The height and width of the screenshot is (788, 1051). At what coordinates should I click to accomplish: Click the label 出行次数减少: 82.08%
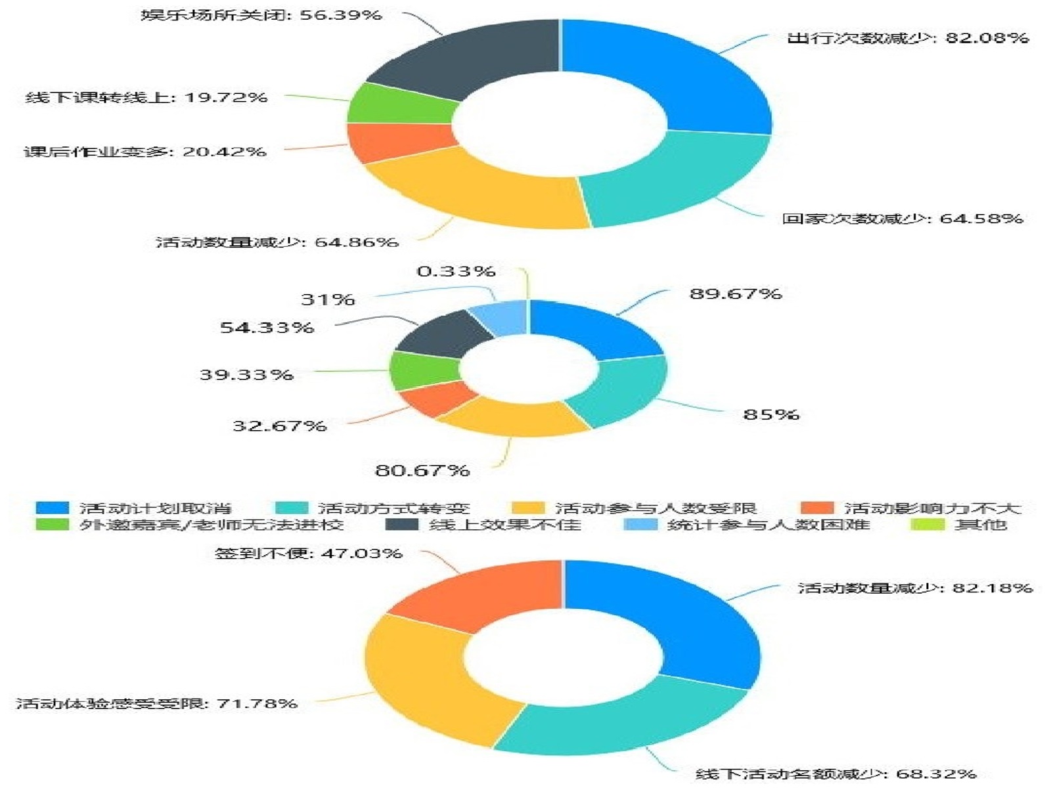coord(907,38)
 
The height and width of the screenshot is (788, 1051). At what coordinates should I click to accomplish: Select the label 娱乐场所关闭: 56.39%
coord(261,14)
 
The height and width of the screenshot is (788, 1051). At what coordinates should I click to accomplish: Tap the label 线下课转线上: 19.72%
coord(146,97)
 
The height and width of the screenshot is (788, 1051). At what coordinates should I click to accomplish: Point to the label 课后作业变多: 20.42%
coord(145,152)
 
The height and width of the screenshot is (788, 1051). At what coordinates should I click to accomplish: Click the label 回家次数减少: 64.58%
coord(902,218)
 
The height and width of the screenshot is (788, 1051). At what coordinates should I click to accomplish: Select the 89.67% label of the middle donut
coord(735,294)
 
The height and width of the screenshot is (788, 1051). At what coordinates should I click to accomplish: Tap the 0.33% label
coord(456,271)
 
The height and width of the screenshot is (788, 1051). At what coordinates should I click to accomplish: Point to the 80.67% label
coord(422,470)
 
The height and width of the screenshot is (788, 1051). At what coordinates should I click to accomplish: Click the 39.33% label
coord(246,374)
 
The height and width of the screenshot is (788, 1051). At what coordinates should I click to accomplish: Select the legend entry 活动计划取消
coord(155,508)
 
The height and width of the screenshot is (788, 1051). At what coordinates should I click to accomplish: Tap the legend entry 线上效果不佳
coord(504,525)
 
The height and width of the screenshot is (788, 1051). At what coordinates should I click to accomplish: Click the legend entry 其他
coord(979,525)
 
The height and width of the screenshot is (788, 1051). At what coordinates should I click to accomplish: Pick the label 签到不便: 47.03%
coord(308,553)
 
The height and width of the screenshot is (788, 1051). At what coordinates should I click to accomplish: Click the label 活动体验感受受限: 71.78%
coord(156,703)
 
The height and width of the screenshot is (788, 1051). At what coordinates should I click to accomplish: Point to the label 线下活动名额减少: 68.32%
coord(836,774)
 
